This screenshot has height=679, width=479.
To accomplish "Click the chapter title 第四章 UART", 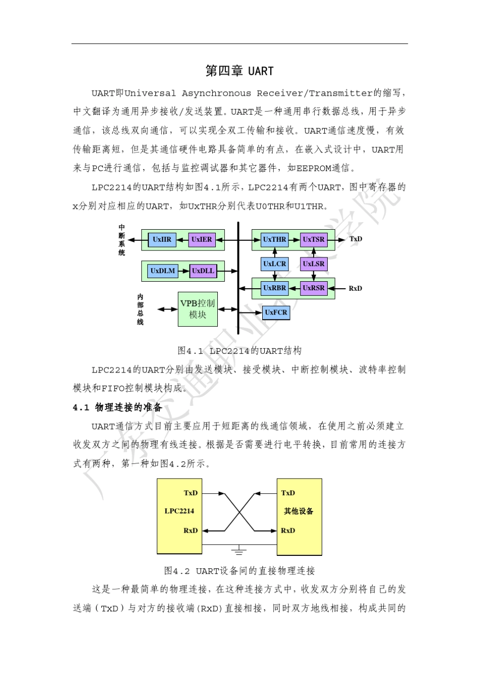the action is tap(239, 71).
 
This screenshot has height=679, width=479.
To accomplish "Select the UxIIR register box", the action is tap(162, 240).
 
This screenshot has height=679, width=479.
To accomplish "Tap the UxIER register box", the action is tap(202, 240).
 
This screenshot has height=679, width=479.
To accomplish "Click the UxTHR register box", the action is tap(275, 240).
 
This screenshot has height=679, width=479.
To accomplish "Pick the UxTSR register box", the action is tap(314, 240).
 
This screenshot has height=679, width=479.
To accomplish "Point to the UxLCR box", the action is tap(275, 264).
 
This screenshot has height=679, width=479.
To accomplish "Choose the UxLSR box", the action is tap(314, 264).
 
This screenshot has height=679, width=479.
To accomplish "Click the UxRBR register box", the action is tap(275, 288).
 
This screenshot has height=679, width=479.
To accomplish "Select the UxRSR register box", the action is tap(314, 288).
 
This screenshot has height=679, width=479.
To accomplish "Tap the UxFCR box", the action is tap(276, 312).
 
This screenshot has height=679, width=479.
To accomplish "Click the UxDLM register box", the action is tap(162, 271).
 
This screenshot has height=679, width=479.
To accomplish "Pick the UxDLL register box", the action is tap(203, 271).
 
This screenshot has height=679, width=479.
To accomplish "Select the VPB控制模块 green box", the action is tap(198, 309).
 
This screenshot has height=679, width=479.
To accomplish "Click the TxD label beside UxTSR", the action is tap(356, 239).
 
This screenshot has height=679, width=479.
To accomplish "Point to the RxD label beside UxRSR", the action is tap(355, 288).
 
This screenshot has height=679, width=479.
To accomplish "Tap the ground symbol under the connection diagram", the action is tap(239, 550).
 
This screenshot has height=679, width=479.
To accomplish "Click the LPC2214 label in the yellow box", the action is tap(179, 511).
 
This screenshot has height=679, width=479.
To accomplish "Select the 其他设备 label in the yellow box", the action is tap(298, 511).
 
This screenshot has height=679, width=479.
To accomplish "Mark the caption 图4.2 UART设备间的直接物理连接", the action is tap(239, 571).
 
